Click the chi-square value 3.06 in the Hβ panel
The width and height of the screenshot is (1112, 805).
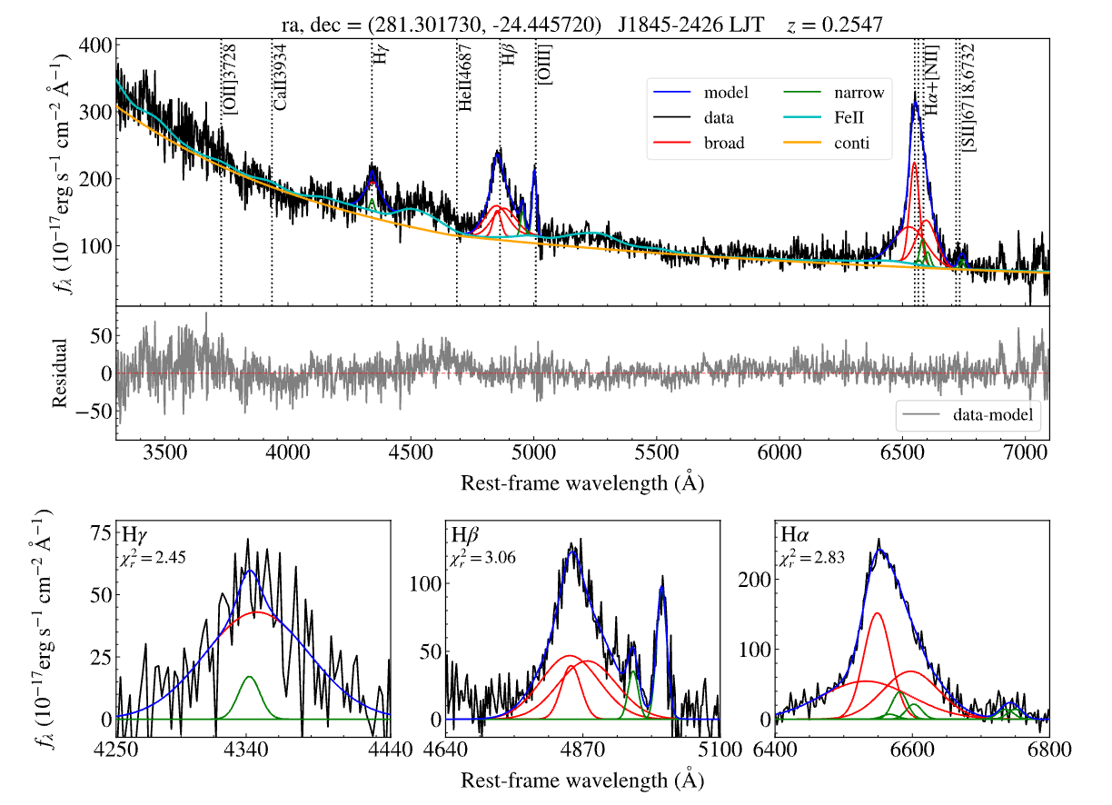pyautogui.click(x=483, y=558)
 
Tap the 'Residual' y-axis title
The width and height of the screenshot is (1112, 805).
pyautogui.click(x=60, y=373)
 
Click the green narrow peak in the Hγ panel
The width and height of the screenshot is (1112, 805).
pyautogui.click(x=249, y=679)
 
